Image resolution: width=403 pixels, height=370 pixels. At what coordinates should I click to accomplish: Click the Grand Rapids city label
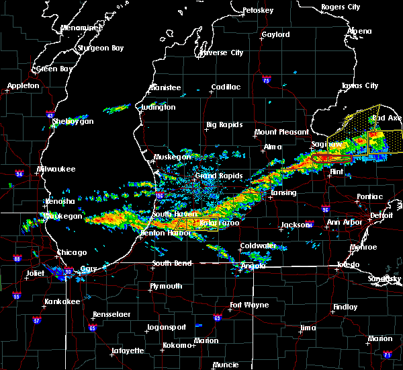(215, 176)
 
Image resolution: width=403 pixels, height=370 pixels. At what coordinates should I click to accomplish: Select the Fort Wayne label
(247, 305)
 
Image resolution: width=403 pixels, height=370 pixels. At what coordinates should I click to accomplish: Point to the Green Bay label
(55, 69)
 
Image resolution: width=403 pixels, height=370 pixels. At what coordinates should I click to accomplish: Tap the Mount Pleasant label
(281, 133)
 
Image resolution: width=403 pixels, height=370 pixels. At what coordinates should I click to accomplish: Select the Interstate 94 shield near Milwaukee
(20, 174)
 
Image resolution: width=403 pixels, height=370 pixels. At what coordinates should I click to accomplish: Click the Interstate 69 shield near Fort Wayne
(217, 318)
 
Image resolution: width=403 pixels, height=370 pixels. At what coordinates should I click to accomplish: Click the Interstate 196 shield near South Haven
(158, 196)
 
